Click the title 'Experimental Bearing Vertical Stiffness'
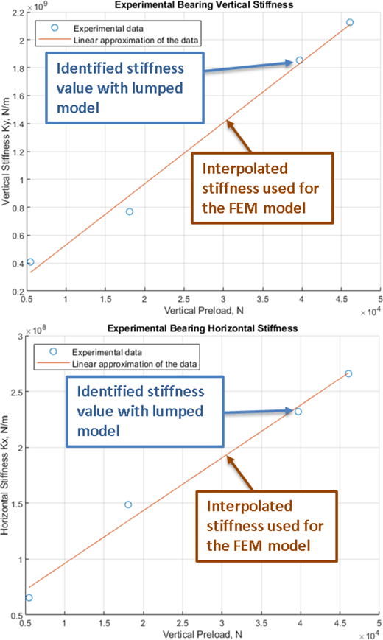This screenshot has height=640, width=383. (x=204, y=5)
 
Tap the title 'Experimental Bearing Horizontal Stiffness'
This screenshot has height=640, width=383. (x=203, y=328)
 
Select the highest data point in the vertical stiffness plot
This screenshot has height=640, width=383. (x=350, y=22)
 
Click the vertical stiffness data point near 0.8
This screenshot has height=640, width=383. (x=130, y=211)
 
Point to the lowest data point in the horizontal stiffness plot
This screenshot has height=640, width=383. (x=29, y=597)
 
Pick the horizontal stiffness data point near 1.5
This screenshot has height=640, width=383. (x=128, y=504)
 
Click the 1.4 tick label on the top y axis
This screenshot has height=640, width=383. (x=15, y=124)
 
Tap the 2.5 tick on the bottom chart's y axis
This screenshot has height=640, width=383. (x=17, y=392)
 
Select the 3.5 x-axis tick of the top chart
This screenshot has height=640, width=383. (x=262, y=300)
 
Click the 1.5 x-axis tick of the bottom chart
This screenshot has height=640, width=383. (x=104, y=623)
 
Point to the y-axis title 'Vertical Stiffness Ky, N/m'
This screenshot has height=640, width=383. (x=5, y=152)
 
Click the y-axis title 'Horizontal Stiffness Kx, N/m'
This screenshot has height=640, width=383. (x=4, y=475)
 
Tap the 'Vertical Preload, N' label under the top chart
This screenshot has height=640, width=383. (x=204, y=311)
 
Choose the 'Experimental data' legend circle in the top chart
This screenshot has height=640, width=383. (x=55, y=28)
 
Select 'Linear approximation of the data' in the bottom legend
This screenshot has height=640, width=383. (x=134, y=364)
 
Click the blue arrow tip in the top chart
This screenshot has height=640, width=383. (x=293, y=63)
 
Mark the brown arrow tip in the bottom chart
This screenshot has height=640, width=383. (x=227, y=456)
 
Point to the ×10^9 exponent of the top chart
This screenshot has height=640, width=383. (x=34, y=7)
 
